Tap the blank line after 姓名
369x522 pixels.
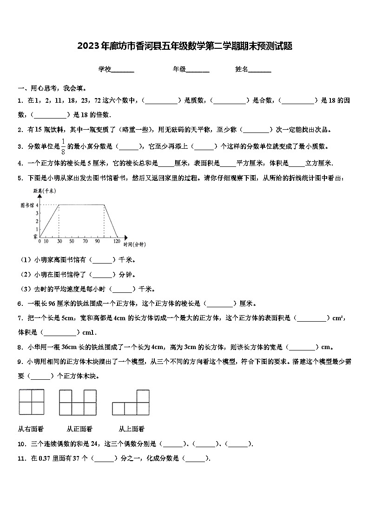pos(260,70)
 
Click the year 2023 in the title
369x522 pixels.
pos(86,46)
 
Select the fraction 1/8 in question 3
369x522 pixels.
pos(63,146)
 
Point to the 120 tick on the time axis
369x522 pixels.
pos(117,241)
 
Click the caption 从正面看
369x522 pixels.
pos(79,429)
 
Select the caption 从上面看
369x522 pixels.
pos(131,429)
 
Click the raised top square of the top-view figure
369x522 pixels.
pos(143,396)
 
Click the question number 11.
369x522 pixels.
pos(21,458)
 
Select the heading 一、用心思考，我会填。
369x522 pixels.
pos(52,88)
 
